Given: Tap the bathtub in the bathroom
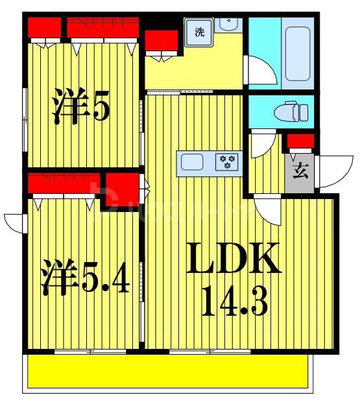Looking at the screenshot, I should point(296,49).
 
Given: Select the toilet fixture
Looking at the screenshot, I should point(289,112).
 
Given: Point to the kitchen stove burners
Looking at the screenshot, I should point(227,161).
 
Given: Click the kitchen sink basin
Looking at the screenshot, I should point(193,161).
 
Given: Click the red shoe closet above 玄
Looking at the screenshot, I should point(300,141).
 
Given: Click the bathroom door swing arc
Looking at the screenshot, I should point(259,69).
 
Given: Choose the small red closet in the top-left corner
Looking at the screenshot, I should point(44,28).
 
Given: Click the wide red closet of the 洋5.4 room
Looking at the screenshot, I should point(64,184).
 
